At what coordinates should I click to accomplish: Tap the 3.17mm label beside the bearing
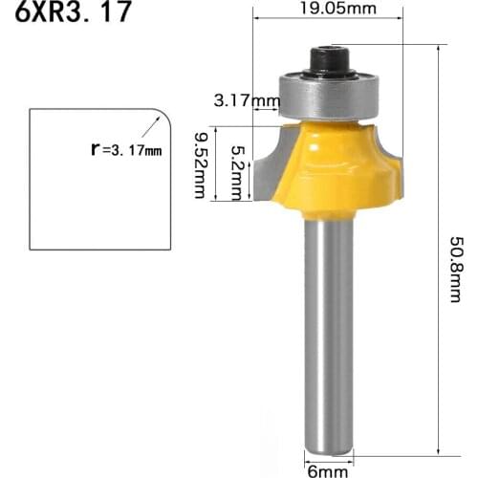[240, 99]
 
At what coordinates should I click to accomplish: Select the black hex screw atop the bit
[329, 63]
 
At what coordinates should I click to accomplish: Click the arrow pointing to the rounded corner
[150, 129]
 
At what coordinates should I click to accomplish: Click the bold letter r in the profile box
[95, 148]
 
